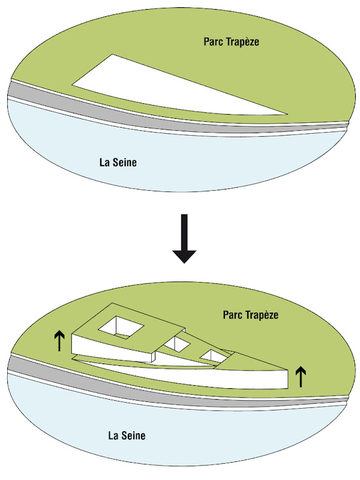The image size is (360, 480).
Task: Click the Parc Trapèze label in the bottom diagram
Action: tap(251, 314)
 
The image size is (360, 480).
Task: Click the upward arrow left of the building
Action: tap(59, 341)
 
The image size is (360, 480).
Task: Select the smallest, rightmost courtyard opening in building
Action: tap(212, 355)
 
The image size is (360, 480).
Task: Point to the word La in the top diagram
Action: tap(104, 162)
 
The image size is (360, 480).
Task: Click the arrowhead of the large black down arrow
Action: tap(184, 254)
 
